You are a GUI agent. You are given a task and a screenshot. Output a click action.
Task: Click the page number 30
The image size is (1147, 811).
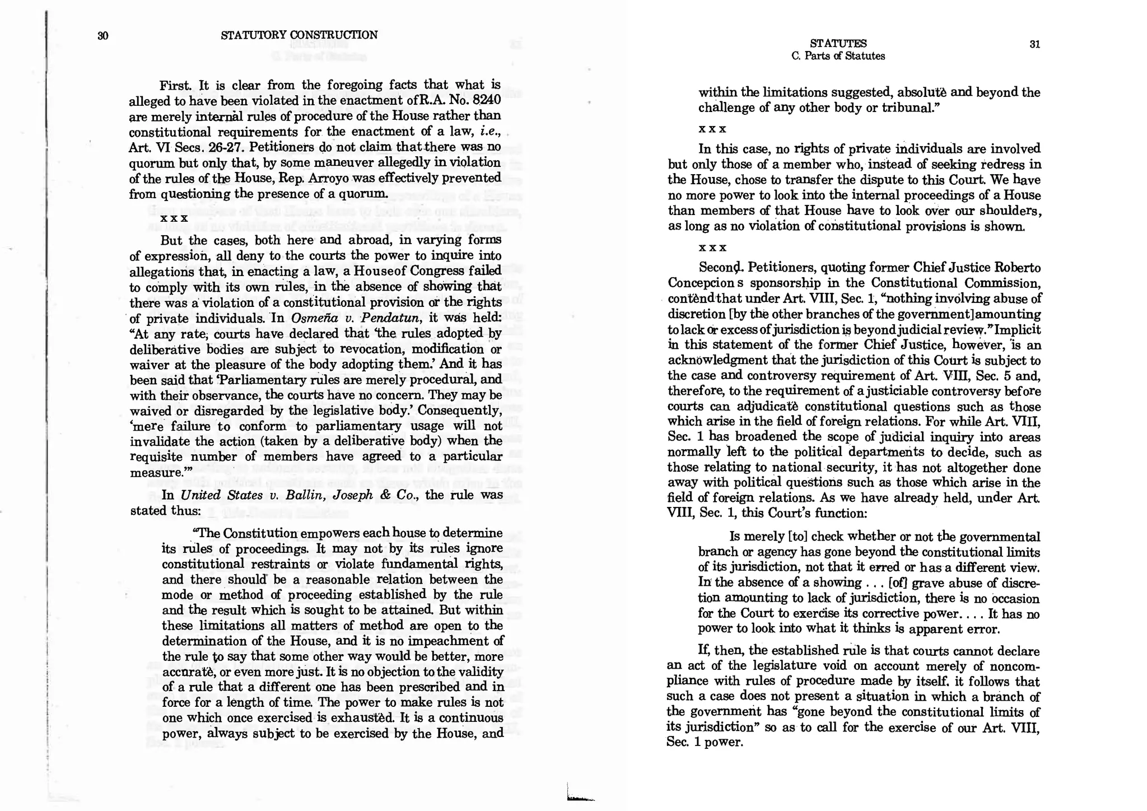click(102, 36)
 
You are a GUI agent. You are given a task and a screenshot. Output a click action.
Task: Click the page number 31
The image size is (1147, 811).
click(1034, 45)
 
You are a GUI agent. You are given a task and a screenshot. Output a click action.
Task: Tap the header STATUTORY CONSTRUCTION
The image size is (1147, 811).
click(299, 35)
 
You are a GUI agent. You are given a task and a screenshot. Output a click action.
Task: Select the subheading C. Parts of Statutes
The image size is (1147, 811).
click(838, 56)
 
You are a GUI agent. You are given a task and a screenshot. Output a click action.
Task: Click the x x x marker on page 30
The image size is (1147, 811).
click(174, 218)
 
